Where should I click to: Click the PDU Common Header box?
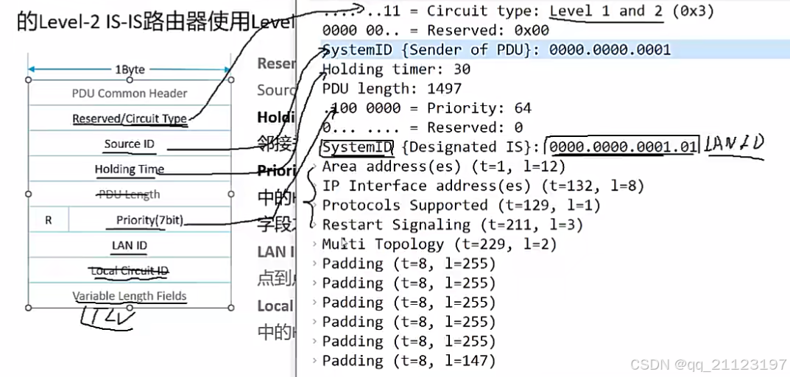coord(130,94)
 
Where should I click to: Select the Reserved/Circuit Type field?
coord(130,119)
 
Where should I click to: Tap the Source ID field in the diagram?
coord(130,144)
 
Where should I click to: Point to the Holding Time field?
coord(130,169)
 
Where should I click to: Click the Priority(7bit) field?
coord(149,219)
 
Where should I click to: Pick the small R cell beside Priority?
coord(49,219)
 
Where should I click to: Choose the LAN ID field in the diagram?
coord(130,245)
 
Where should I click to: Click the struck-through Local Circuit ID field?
coord(130,271)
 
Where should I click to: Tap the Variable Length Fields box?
coord(130,296)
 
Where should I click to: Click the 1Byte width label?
coord(130,69)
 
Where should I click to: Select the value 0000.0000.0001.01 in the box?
coord(622,147)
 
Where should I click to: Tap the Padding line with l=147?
coord(409,360)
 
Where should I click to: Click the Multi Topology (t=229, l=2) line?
coord(439,244)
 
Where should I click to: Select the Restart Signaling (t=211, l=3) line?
coord(452,225)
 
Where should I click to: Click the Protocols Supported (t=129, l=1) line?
coord(461,205)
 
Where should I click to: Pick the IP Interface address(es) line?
coord(483,186)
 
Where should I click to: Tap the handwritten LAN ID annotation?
coord(733,144)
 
